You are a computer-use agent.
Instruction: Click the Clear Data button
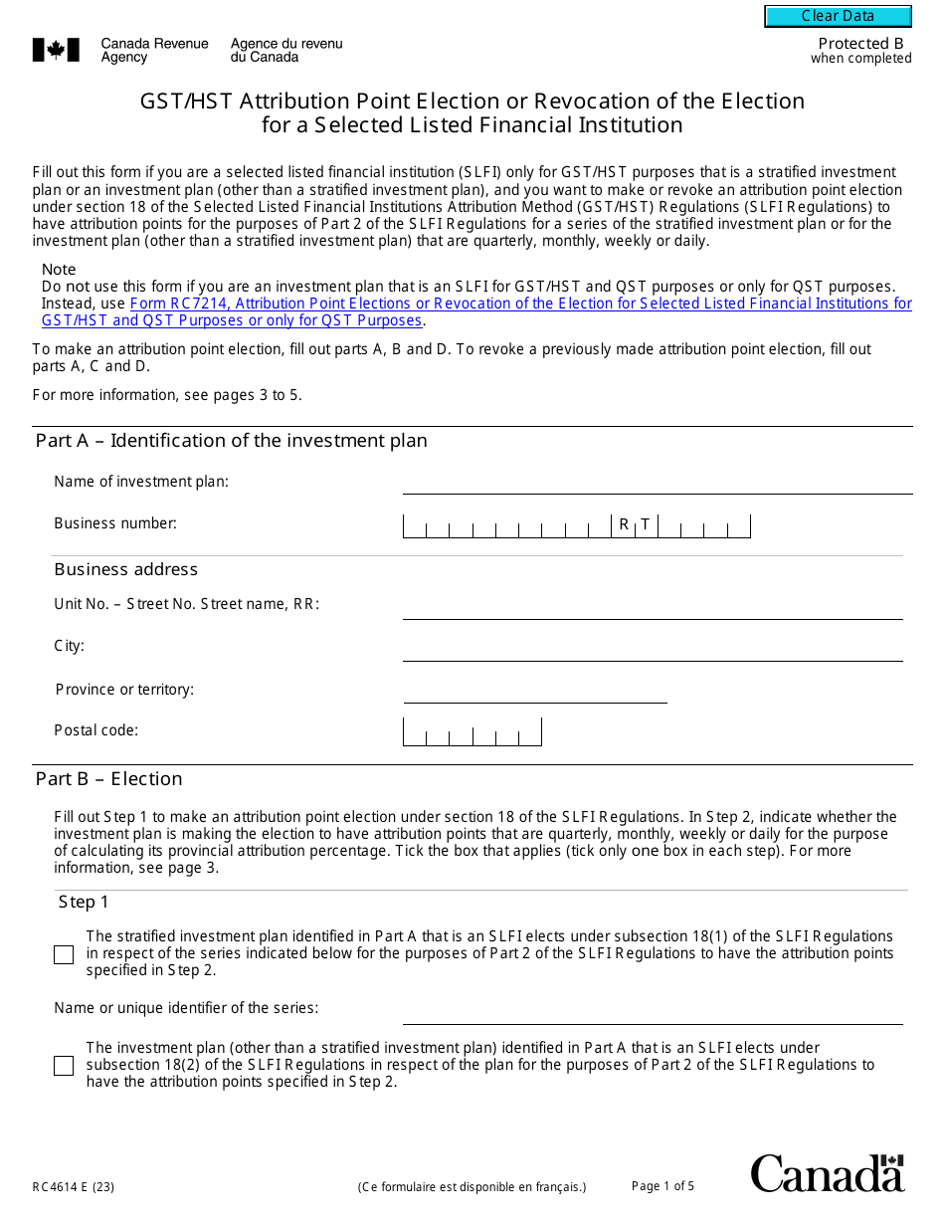tap(838, 16)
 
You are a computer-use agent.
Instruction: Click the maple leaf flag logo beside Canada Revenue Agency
tap(56, 50)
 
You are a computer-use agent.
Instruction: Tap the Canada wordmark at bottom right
tap(827, 1173)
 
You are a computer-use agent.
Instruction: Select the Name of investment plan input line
tap(652, 484)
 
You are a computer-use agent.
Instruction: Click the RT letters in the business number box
tap(634, 524)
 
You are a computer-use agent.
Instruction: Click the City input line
tap(652, 649)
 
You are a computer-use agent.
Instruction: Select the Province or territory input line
tap(534, 692)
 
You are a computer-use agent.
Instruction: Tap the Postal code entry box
tap(472, 732)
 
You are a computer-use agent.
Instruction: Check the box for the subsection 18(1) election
tap(64, 954)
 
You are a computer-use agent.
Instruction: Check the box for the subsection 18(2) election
tap(64, 1066)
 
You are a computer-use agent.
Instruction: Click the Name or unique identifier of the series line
tap(652, 1013)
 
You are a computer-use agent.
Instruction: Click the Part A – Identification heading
tap(231, 441)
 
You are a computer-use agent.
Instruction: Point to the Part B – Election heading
tap(109, 779)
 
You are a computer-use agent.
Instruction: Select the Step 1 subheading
tap(84, 903)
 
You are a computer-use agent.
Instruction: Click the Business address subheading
tap(126, 569)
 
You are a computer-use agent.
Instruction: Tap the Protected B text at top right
tap(860, 44)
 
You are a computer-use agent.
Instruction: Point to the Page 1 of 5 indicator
tap(662, 1185)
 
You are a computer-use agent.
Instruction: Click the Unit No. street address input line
tap(652, 607)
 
